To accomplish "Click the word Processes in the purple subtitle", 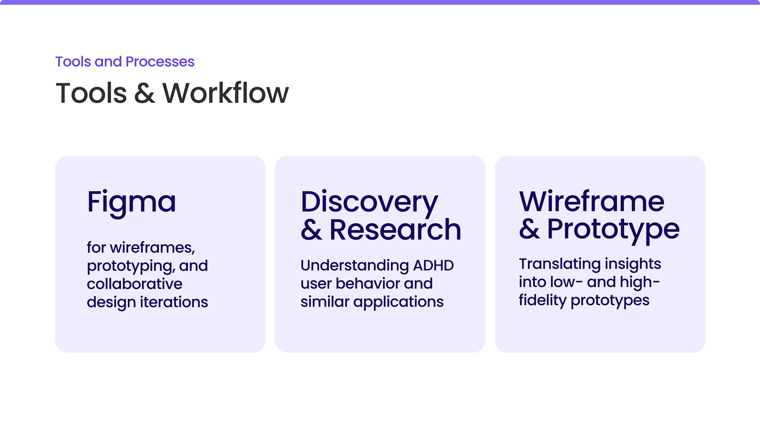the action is (x=160, y=62).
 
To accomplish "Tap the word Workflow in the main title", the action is (x=226, y=93).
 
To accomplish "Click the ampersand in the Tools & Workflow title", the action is (x=144, y=93).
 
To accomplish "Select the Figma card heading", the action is (x=132, y=204).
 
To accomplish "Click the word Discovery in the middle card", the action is (x=369, y=204).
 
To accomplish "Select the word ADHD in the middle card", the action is (x=433, y=265).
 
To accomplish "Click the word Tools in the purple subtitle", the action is (x=73, y=62).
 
